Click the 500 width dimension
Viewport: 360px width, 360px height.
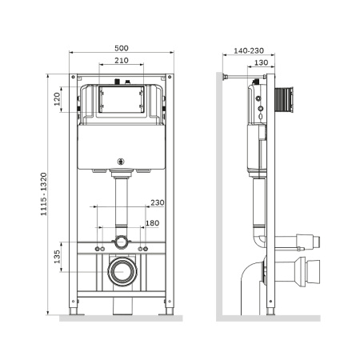[x=121, y=46]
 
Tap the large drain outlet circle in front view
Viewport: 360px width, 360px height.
[x=121, y=273]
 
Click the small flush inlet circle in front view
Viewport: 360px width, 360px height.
[x=121, y=242]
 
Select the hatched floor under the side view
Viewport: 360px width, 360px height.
[x=268, y=318]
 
